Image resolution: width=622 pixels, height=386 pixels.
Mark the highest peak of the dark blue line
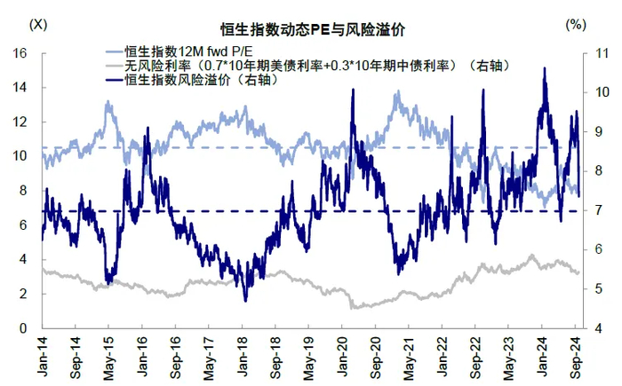pyautogui.click(x=544, y=68)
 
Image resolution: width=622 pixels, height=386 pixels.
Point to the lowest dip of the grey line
pyautogui.click(x=354, y=308)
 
